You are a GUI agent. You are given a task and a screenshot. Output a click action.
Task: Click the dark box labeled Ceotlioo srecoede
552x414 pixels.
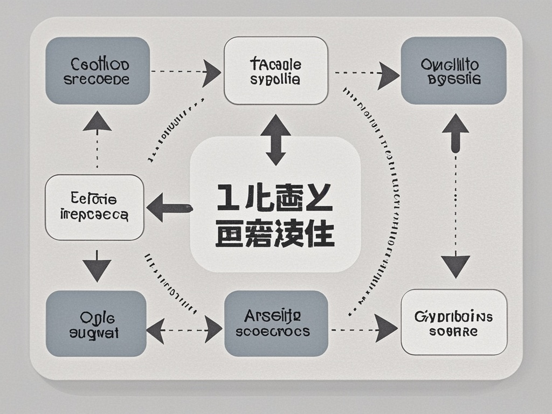point(98,71)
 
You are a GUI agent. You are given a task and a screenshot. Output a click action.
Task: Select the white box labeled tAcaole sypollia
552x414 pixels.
point(276,71)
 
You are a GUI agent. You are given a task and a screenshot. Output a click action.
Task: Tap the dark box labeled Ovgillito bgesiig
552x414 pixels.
point(454,71)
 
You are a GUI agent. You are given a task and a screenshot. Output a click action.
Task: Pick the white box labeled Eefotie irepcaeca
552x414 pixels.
point(94,208)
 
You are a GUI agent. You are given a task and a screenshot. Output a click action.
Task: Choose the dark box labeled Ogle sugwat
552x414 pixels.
point(96,323)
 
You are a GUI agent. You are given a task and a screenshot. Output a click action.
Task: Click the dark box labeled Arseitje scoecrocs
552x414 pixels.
point(276,323)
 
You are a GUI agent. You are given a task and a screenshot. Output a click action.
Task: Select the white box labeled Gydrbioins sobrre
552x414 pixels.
point(454,322)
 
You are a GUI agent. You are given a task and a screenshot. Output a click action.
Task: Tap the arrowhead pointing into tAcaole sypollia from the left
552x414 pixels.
point(211,72)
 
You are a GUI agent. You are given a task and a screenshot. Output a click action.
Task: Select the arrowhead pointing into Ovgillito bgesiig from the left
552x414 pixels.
point(388,73)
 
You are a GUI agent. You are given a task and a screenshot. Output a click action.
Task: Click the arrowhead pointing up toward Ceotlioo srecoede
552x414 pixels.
point(97,121)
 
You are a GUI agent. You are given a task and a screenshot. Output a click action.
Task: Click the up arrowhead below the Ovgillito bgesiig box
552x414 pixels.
point(456,125)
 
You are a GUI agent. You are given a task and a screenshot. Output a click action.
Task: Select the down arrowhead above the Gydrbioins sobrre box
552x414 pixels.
point(456,266)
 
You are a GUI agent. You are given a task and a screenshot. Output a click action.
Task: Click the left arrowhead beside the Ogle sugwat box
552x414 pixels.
point(156,330)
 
